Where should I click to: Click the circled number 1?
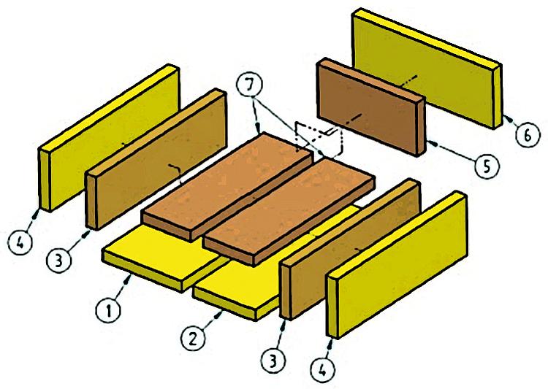[x=108, y=311]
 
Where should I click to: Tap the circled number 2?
[x=193, y=339]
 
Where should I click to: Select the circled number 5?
[x=487, y=166]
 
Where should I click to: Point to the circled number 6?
[x=528, y=135]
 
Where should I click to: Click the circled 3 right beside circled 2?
[x=273, y=360]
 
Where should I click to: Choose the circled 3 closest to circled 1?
[x=58, y=260]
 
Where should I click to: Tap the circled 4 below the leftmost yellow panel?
[x=20, y=242]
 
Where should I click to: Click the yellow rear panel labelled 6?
[x=427, y=68]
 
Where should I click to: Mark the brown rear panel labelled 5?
[x=371, y=107]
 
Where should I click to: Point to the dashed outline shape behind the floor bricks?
[x=319, y=139]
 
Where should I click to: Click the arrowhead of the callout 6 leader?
[x=508, y=119]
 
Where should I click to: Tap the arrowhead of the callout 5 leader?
[x=433, y=143]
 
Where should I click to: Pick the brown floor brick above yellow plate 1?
[x=227, y=186]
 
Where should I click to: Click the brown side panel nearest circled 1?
[x=156, y=159]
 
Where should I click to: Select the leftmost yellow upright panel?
[x=109, y=137]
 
